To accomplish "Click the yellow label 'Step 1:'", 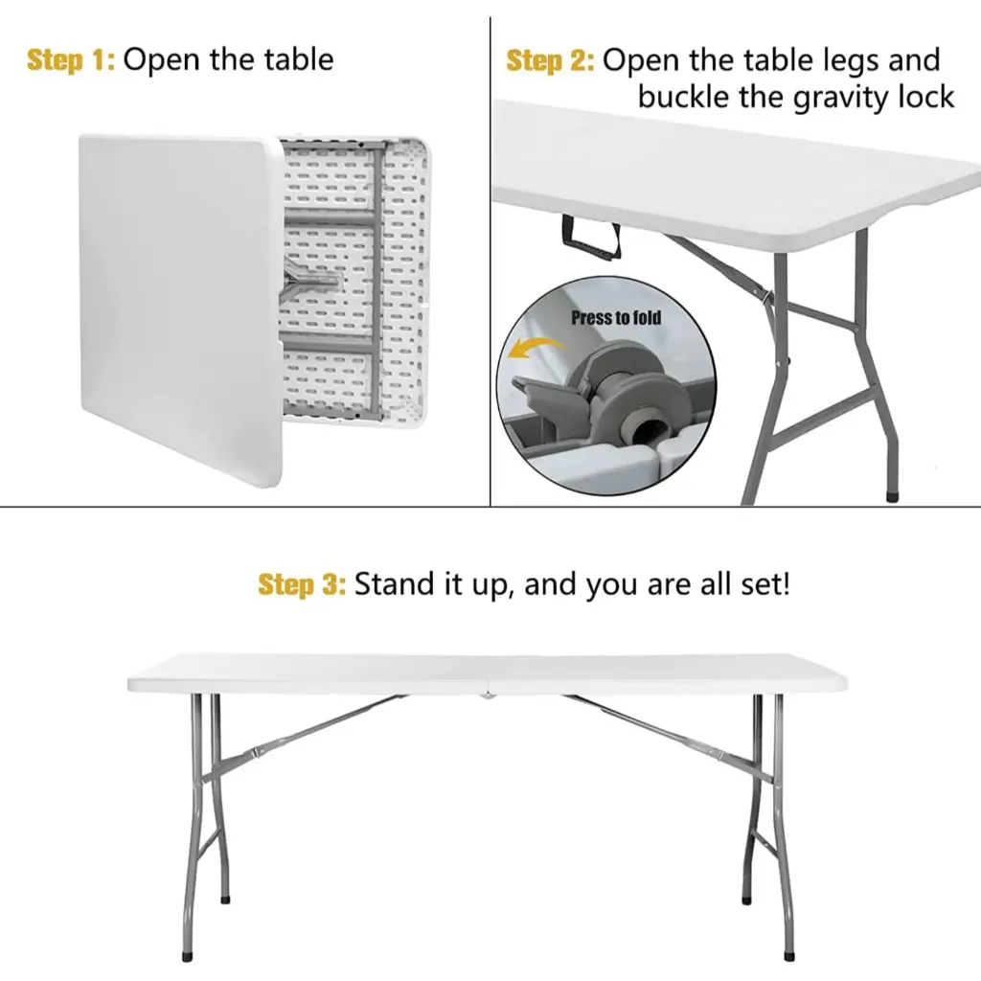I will [x=71, y=60].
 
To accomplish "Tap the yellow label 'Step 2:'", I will [x=550, y=61].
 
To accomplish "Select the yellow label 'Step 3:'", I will [x=302, y=584].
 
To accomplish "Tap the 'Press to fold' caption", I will [x=616, y=317].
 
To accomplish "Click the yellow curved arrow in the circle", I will [x=533, y=351].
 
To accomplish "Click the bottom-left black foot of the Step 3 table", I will [x=186, y=955].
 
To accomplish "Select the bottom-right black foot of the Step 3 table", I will [x=788, y=955].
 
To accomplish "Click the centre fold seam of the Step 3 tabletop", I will [x=489, y=674].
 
